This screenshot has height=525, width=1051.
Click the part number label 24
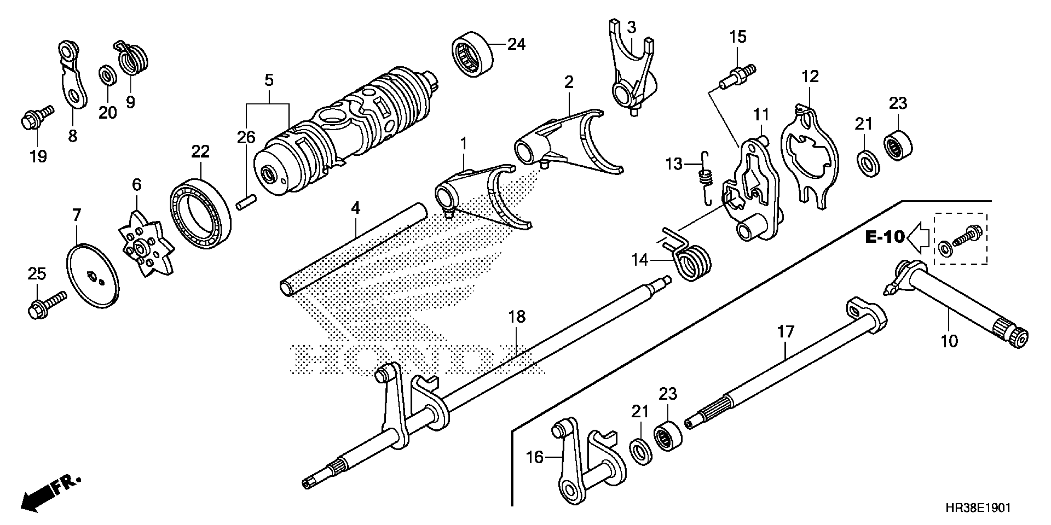516,44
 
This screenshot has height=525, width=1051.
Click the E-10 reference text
884,237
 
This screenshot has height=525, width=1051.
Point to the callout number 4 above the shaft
355,208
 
